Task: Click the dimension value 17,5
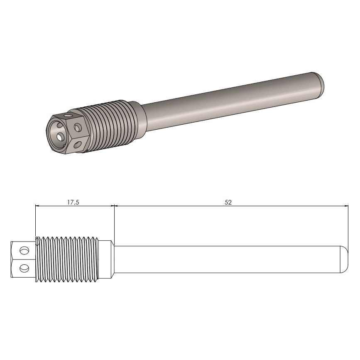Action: point(73,202)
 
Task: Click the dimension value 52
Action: point(228,202)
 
